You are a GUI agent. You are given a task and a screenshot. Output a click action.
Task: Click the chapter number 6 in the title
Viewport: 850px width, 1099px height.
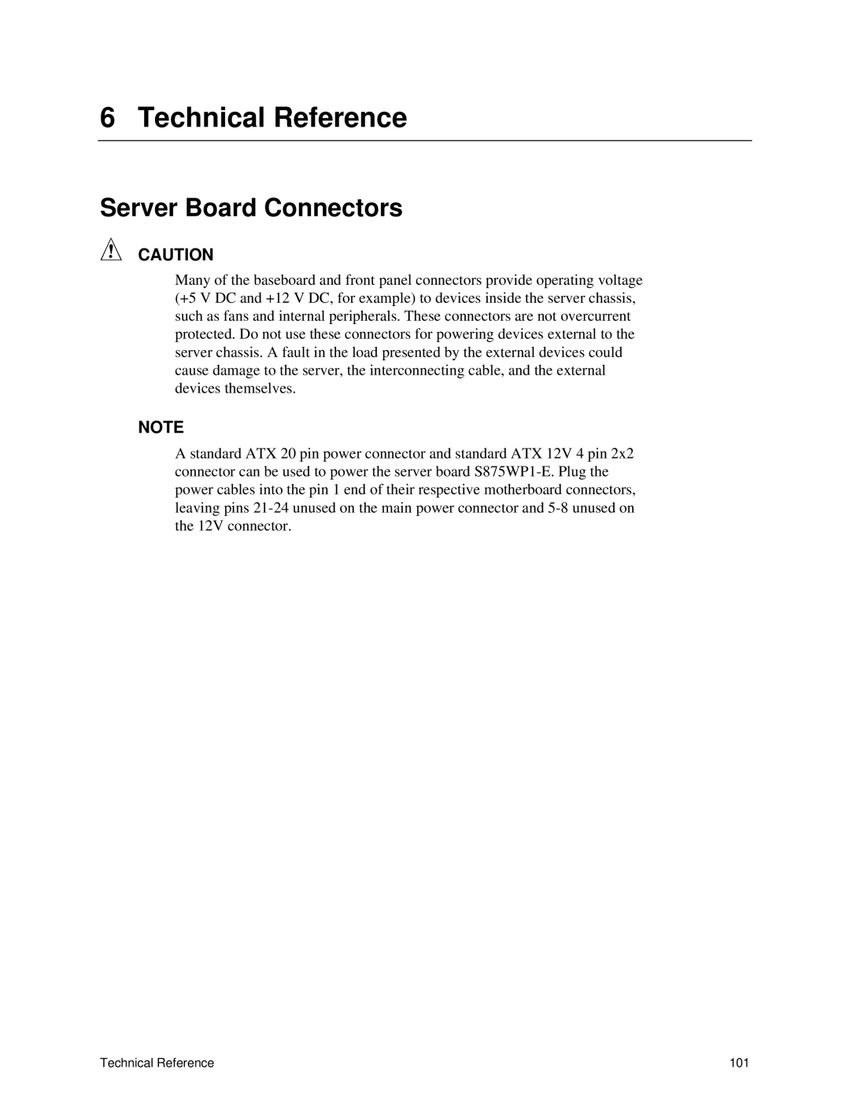pos(108,118)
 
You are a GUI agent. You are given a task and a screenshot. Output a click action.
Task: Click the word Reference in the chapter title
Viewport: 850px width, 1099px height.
pos(340,118)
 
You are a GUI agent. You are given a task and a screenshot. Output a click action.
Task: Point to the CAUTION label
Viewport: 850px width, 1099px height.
pos(176,255)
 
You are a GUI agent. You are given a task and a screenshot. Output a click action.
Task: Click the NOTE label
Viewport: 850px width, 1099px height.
pos(161,428)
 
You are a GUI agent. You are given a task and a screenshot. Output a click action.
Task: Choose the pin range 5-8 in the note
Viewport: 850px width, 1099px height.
pos(558,508)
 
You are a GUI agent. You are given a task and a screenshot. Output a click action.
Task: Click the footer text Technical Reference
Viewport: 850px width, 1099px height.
pos(157,1064)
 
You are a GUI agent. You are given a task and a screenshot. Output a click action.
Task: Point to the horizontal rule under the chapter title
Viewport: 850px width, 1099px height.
pos(425,141)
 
